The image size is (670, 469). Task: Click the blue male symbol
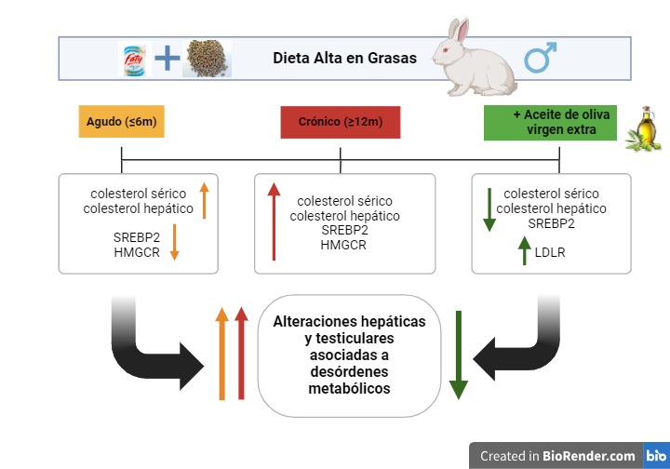pyautogui.click(x=540, y=58)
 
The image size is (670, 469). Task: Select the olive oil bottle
pyautogui.click(x=644, y=128)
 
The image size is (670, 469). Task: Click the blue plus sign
pyautogui.click(x=167, y=58)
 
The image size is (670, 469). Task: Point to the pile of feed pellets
pyautogui.click(x=208, y=59)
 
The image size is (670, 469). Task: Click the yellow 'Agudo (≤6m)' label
pyautogui.click(x=121, y=121)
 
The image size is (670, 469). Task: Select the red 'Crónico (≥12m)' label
pyautogui.click(x=341, y=122)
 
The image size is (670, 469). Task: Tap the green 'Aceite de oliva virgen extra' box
pyautogui.click(x=550, y=123)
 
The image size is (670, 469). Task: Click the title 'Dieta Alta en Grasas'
pyautogui.click(x=344, y=58)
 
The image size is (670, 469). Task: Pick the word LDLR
pyautogui.click(x=550, y=252)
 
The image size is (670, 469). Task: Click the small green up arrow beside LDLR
pyautogui.click(x=524, y=250)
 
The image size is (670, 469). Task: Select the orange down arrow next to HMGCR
pyautogui.click(x=174, y=242)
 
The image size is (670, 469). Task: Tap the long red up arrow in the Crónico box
pyautogui.click(x=274, y=221)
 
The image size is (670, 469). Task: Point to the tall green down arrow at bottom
pyautogui.click(x=459, y=355)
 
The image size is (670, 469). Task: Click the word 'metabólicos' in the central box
pyautogui.click(x=349, y=388)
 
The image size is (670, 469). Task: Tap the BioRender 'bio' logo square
pyautogui.click(x=656, y=455)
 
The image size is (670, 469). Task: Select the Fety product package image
pyautogui.click(x=135, y=59)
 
